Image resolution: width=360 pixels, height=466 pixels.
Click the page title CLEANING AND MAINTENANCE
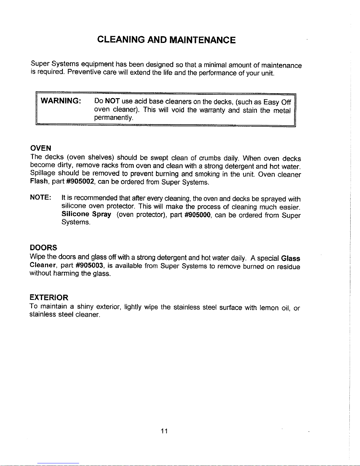[166, 40]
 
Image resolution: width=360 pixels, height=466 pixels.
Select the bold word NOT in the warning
[112, 101]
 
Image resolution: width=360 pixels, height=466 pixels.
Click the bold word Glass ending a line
[290, 259]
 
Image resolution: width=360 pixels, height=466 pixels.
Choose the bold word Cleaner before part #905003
[43, 265]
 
